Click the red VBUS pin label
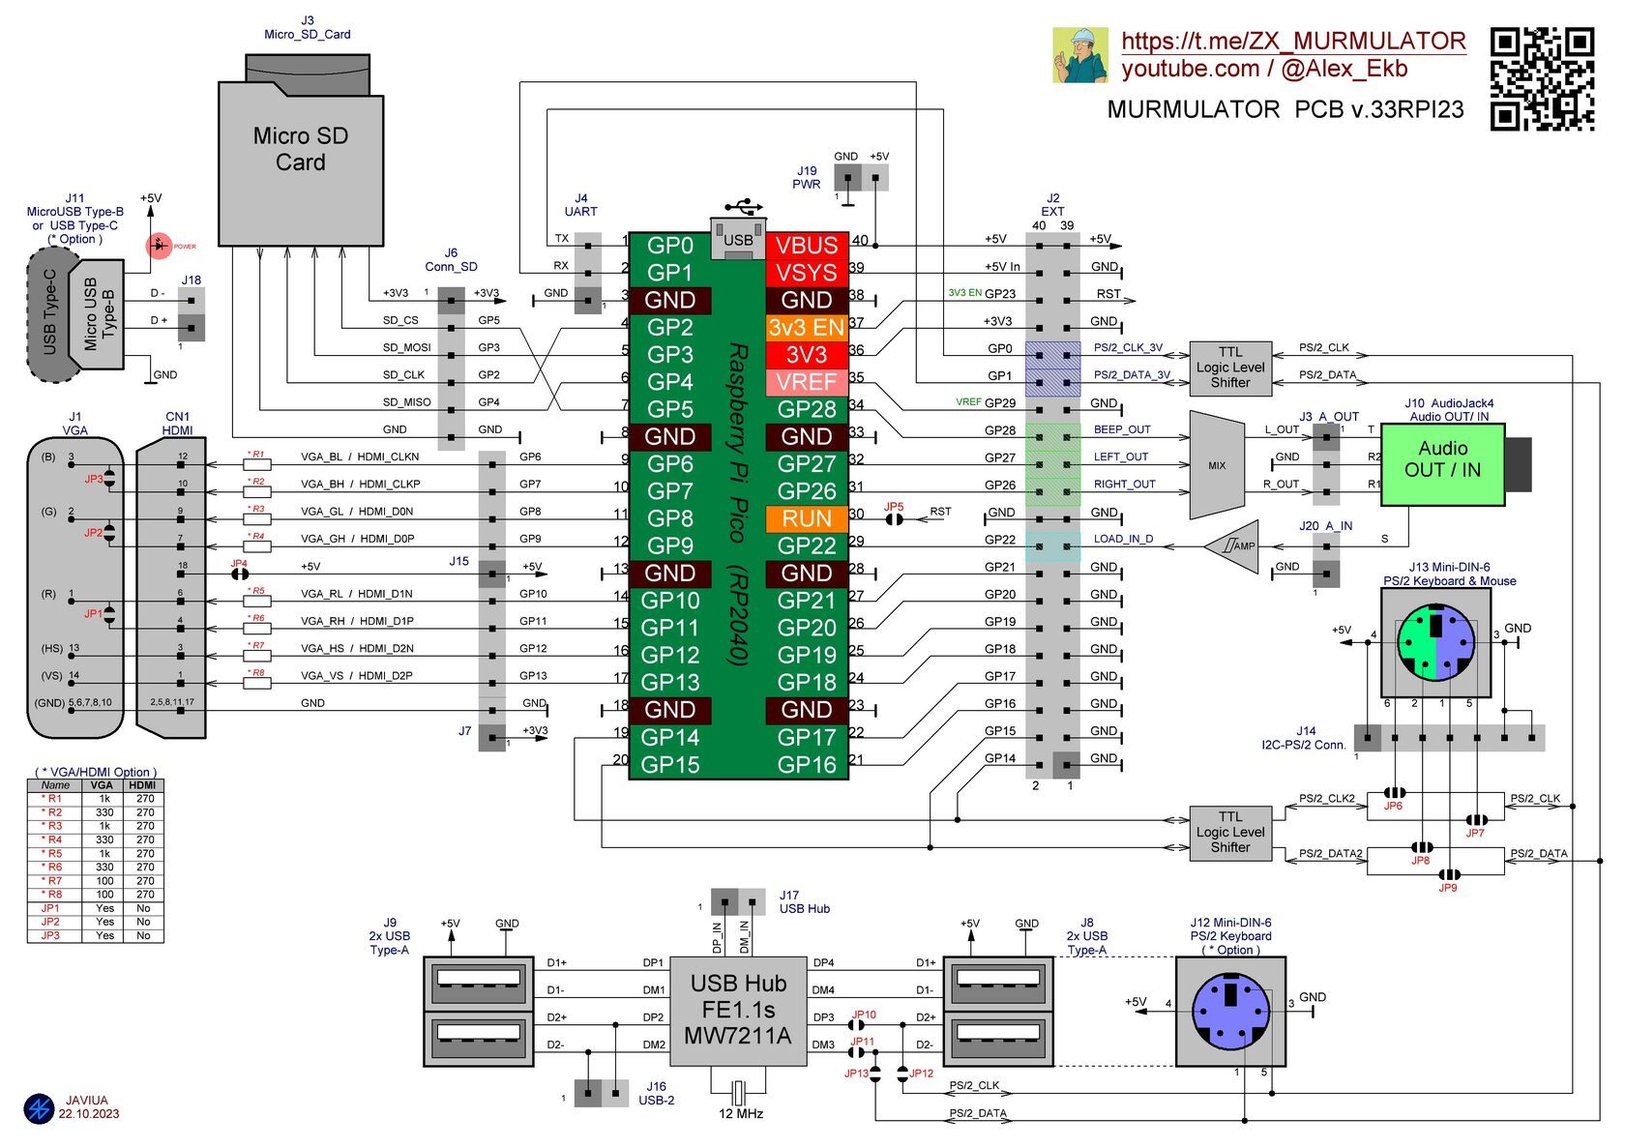pyautogui.click(x=807, y=246)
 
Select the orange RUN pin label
pyautogui.click(x=807, y=518)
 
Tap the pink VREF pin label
pyautogui.click(x=807, y=382)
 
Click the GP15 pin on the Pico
pyautogui.click(x=670, y=765)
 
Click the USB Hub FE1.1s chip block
pyautogui.click(x=738, y=1011)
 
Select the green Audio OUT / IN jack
pyautogui.click(x=1442, y=464)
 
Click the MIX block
pyautogui.click(x=1217, y=465)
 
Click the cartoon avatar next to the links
pyautogui.click(x=1079, y=55)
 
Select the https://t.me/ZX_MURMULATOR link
pyautogui.click(x=1293, y=41)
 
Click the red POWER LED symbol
pyautogui.click(x=159, y=246)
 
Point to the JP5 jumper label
pyautogui.click(x=894, y=506)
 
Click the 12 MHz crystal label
pyautogui.click(x=741, y=1114)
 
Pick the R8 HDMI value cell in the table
pyautogui.click(x=144, y=895)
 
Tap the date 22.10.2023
pyautogui.click(x=89, y=1114)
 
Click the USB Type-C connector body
pyautogui.click(x=50, y=313)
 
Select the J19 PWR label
pyautogui.click(x=807, y=177)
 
